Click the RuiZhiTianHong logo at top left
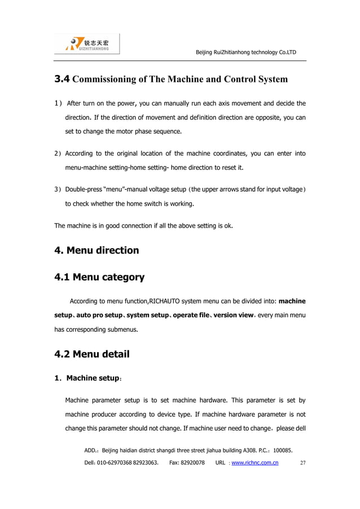[x=87, y=45]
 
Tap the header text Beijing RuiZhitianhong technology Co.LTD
[x=245, y=52]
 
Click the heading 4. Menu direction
[x=96, y=250]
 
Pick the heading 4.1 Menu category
[x=99, y=277]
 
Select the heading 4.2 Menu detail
[x=91, y=354]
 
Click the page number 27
[x=303, y=463]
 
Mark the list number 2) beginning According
[x=58, y=153]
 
